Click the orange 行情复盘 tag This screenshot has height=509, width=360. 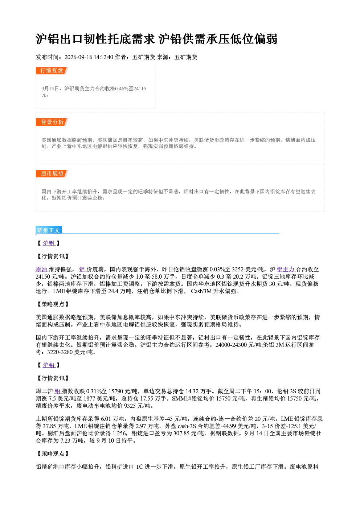(52, 70)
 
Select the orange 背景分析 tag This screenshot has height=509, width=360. (52, 122)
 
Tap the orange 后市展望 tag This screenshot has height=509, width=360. (52, 174)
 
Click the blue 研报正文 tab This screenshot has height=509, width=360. (49, 230)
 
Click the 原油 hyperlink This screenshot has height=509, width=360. (42, 270)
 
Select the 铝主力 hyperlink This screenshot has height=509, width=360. (286, 270)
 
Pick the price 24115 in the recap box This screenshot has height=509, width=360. (140, 89)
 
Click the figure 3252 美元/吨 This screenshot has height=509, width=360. (247, 270)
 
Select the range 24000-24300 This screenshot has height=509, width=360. (231, 345)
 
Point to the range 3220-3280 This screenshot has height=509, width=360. (60, 352)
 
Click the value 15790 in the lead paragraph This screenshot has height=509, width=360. (115, 391)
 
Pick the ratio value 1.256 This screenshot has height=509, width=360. (119, 433)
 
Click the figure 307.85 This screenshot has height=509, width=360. (181, 433)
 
